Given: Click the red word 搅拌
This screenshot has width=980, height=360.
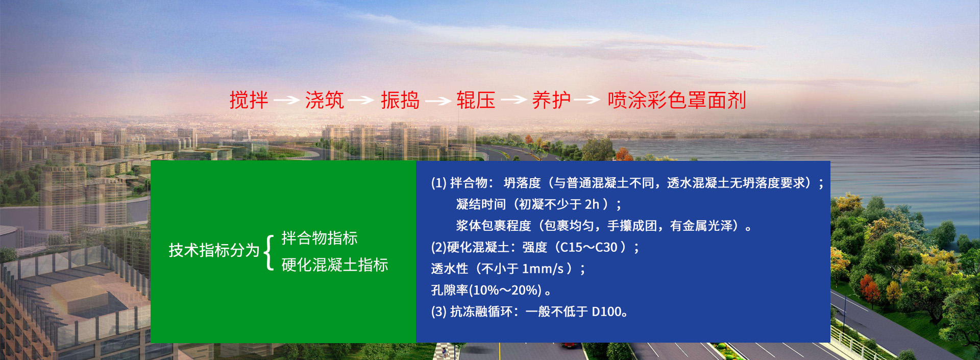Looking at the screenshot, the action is click(x=249, y=100).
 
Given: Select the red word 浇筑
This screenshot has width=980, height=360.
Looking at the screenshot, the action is click(x=324, y=100).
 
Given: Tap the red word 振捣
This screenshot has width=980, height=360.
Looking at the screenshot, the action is click(x=400, y=100).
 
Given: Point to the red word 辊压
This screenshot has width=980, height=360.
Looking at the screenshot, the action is click(x=476, y=100).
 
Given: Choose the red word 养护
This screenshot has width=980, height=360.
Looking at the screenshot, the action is click(x=551, y=100).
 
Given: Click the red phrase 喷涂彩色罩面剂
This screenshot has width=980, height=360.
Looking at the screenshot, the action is click(x=677, y=100).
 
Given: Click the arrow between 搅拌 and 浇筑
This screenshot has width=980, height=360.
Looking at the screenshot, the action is click(x=286, y=100).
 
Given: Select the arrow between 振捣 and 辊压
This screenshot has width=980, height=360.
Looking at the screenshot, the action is click(x=438, y=101).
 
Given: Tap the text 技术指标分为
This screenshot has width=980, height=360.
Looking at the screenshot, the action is click(x=214, y=250).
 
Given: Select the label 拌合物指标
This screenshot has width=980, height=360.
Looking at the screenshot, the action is click(x=320, y=238).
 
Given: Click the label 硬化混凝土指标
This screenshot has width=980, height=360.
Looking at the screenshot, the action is click(x=335, y=265).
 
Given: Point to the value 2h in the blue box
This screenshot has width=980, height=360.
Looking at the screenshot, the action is click(x=592, y=204).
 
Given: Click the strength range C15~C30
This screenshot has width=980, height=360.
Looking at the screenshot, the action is click(x=589, y=248).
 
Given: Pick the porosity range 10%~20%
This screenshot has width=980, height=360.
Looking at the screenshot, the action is click(x=505, y=291).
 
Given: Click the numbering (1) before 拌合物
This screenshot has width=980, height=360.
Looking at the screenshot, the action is click(x=439, y=183).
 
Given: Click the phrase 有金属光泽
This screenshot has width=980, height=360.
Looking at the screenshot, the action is click(x=701, y=226).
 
